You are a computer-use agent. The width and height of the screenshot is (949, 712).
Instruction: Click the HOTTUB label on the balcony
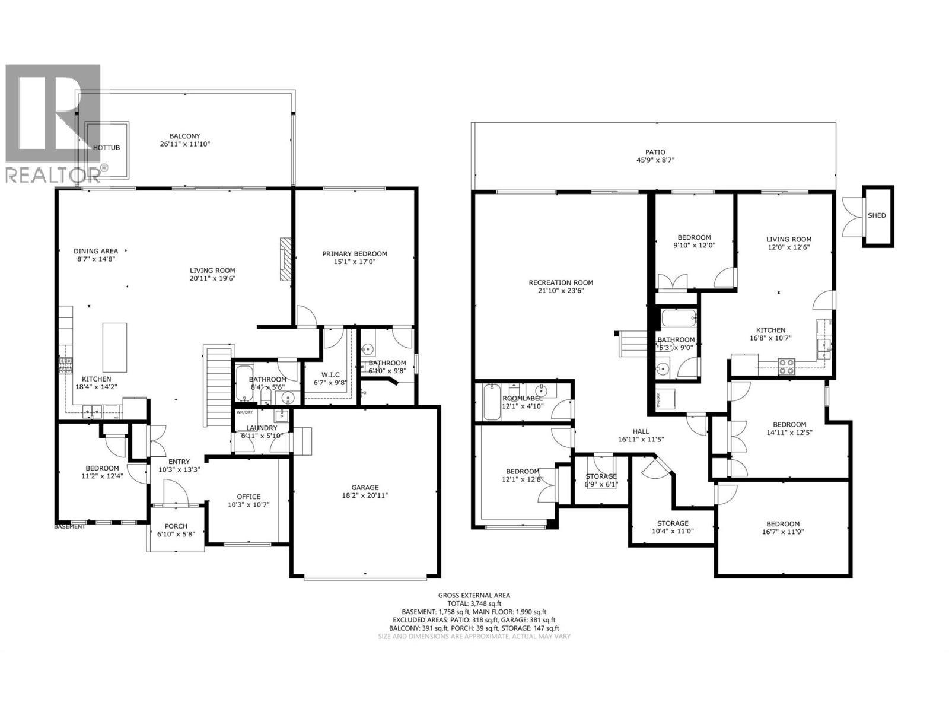[x=107, y=147]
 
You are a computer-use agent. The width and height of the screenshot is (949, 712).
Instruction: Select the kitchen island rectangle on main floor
[x=114, y=347]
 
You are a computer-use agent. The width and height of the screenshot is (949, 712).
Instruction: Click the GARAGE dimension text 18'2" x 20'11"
[x=364, y=495]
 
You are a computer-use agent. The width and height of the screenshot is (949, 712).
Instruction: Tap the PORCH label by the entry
[x=176, y=526]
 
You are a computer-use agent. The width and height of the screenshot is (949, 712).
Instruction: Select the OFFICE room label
[x=249, y=497]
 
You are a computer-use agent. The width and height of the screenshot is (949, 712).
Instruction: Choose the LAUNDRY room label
[x=262, y=428]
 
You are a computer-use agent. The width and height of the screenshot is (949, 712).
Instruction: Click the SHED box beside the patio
[x=877, y=215]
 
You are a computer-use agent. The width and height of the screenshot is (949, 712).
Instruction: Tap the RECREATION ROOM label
[x=561, y=282]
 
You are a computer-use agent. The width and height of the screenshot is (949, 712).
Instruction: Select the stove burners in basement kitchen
[x=786, y=367]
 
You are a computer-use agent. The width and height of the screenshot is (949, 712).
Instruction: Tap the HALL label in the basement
[x=641, y=431]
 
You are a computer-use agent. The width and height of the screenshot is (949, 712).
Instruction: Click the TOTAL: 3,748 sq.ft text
[x=474, y=603]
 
